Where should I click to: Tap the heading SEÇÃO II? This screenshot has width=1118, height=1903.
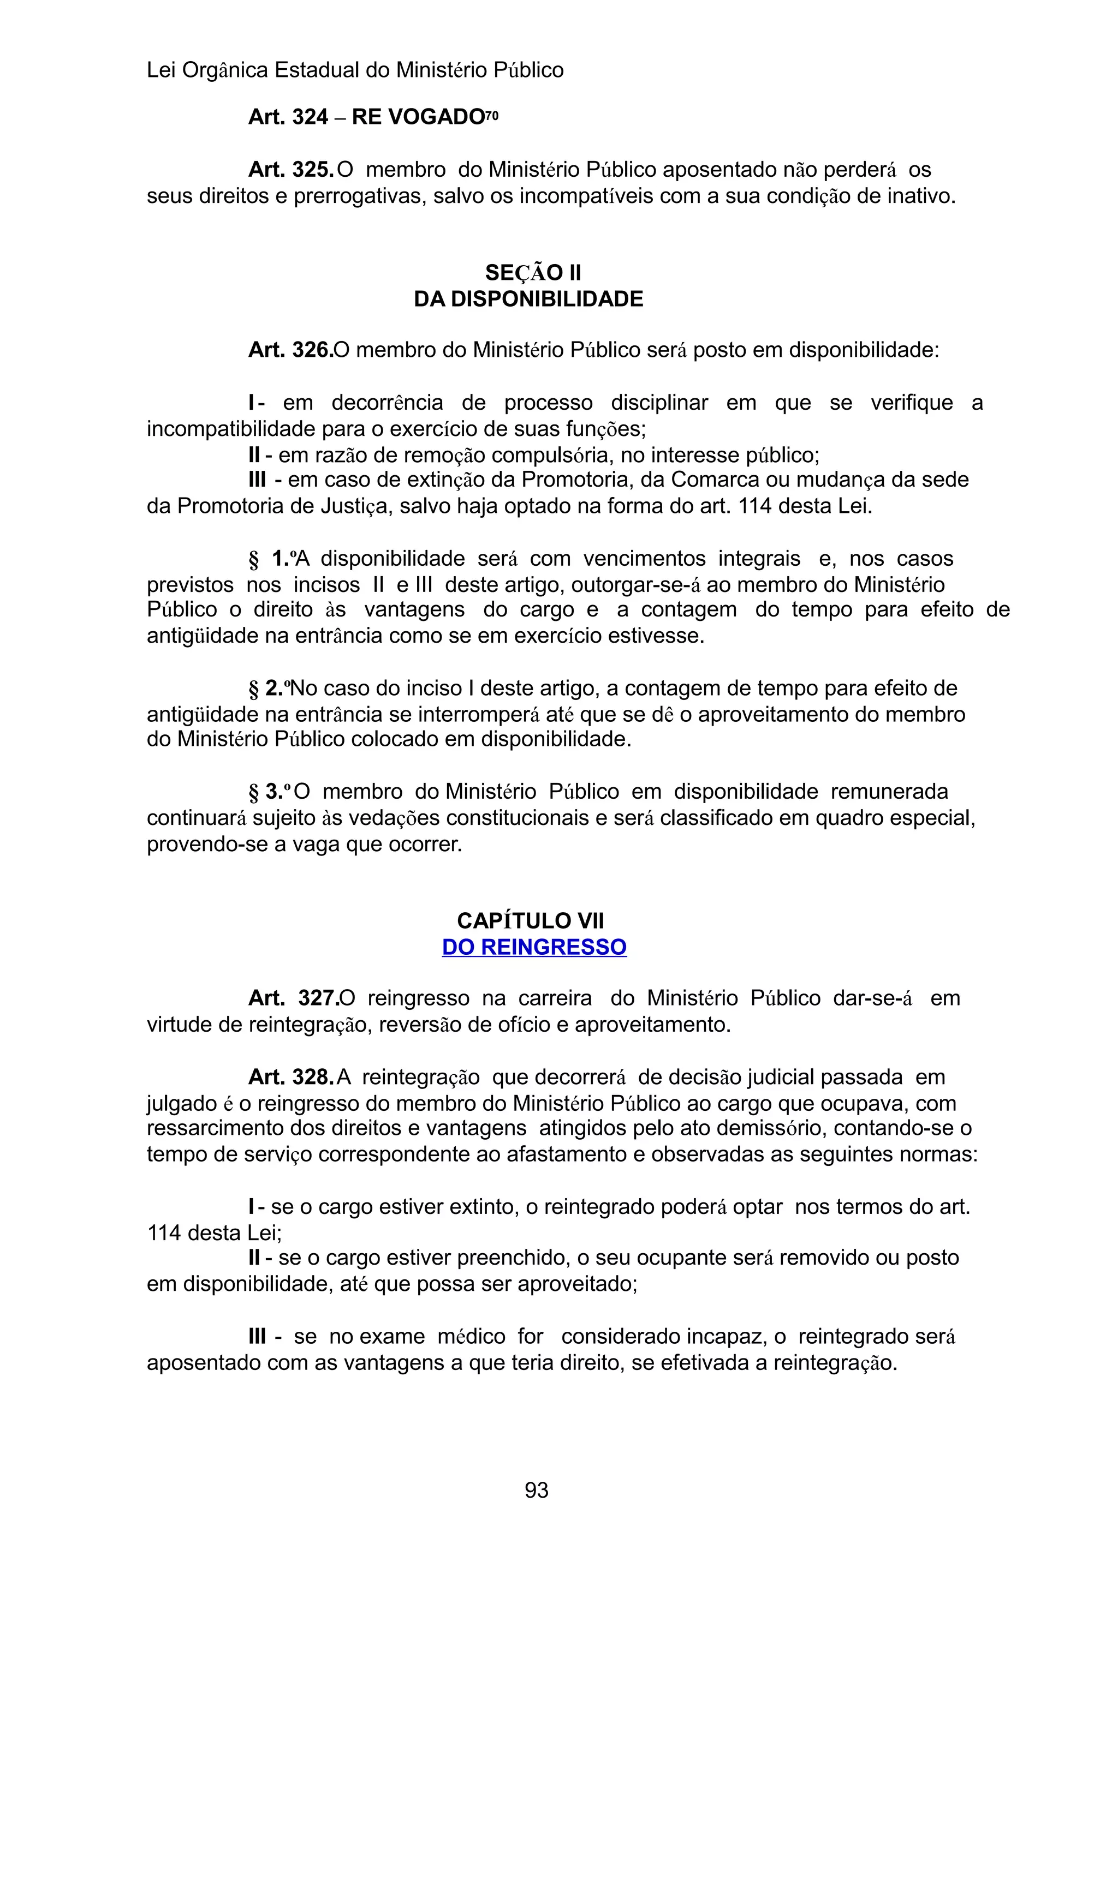point(533,273)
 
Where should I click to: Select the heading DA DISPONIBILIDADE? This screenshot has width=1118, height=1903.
point(528,299)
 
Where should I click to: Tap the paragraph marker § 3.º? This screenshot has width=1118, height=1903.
point(270,792)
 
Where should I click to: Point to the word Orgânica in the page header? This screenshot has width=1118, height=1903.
point(225,70)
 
